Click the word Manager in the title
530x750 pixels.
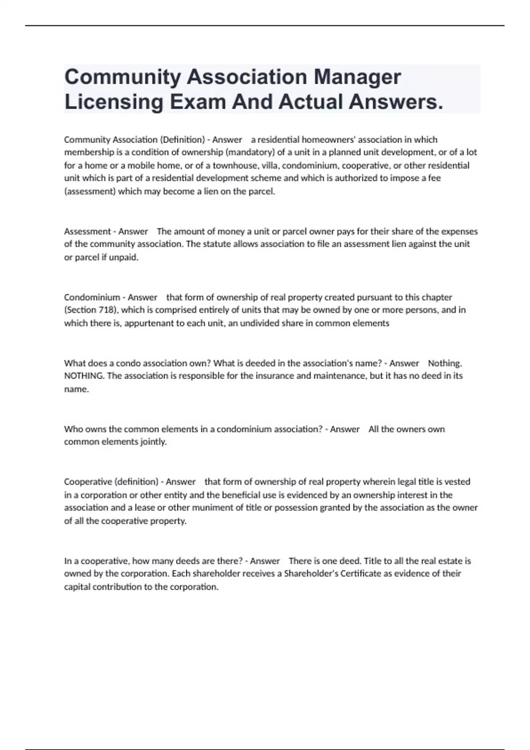(357, 77)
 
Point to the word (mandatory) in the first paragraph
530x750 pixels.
(250, 152)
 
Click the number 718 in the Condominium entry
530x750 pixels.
(106, 310)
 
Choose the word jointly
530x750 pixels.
(153, 442)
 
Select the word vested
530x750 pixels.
(457, 481)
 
